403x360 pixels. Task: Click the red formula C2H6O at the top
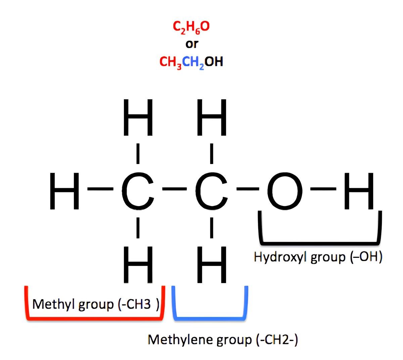click(x=191, y=27)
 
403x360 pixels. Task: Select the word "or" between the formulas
click(x=192, y=44)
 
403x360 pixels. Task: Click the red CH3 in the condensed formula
click(x=171, y=62)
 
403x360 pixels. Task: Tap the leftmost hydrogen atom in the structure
click(x=64, y=191)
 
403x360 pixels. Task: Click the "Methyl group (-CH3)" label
click(x=95, y=305)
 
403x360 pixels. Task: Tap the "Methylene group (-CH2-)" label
click(x=223, y=340)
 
